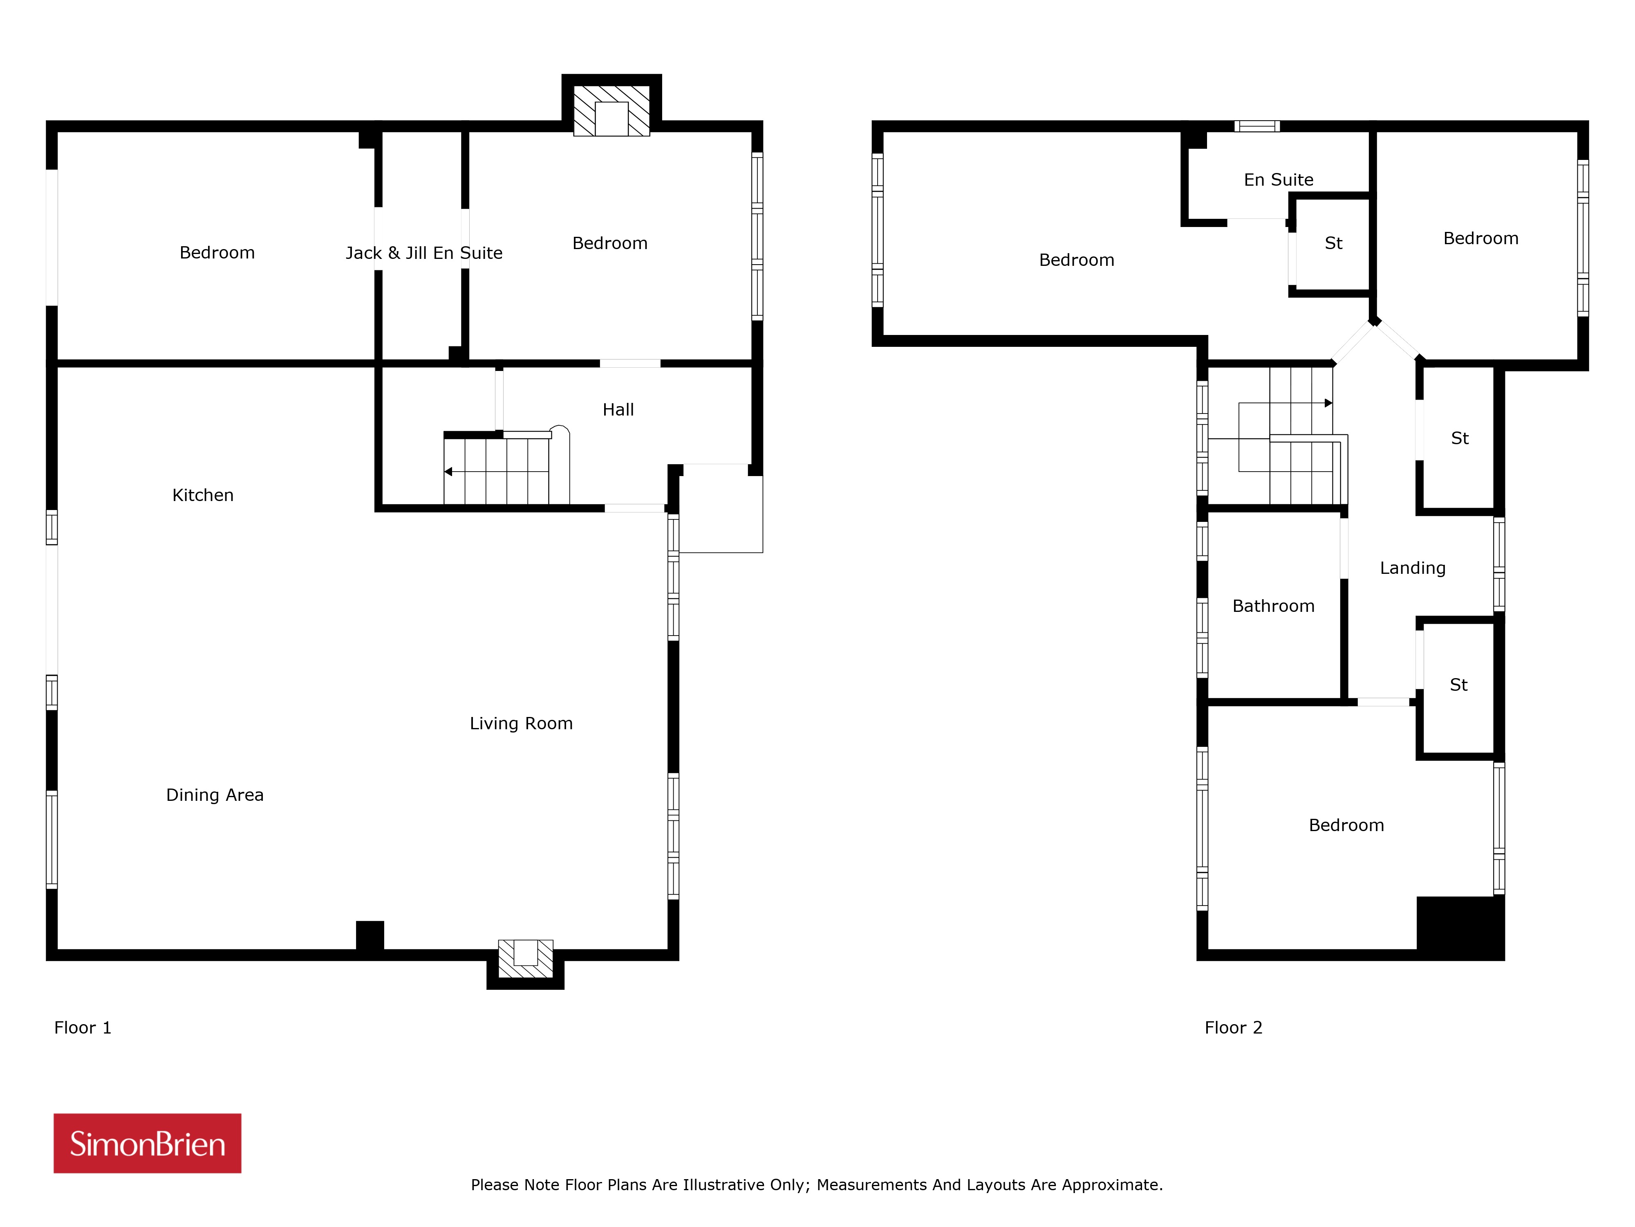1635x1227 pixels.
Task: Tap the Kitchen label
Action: pos(202,495)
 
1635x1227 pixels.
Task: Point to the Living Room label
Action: pos(521,724)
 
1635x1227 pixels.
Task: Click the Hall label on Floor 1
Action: pos(618,410)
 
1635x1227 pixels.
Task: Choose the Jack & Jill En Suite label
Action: pos(423,253)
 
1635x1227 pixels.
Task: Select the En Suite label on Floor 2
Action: pos(1278,180)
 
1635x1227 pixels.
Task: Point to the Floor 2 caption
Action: pos(1233,1027)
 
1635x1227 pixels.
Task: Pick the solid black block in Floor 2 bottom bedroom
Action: pos(1460,928)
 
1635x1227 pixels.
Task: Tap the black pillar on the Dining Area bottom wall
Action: pos(370,936)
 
